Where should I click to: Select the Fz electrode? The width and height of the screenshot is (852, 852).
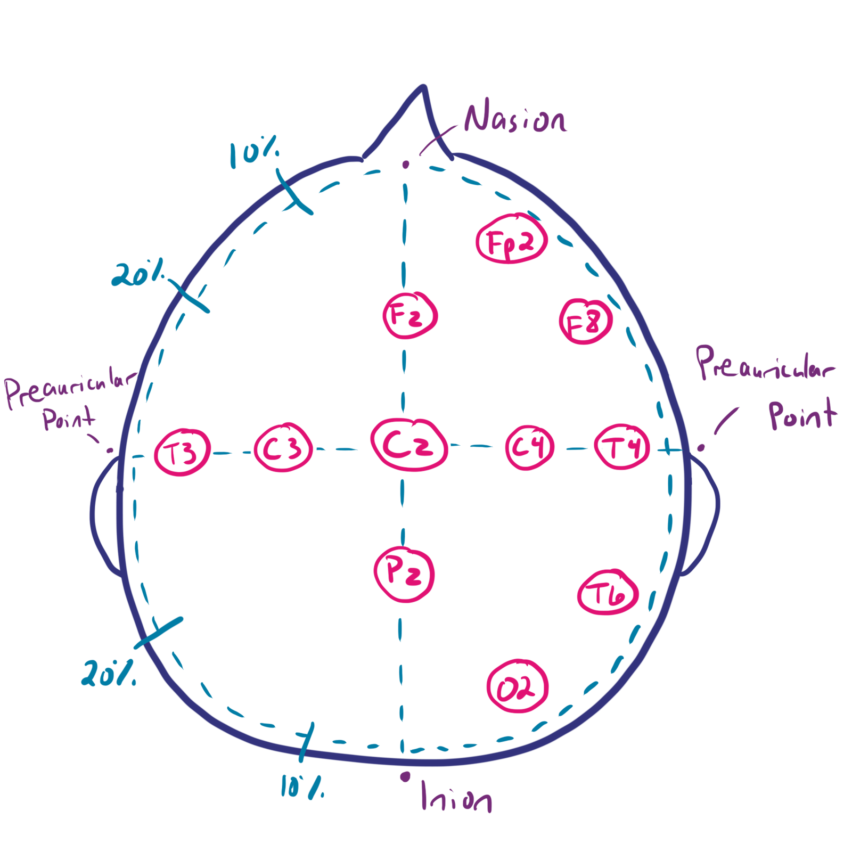[x=410, y=315]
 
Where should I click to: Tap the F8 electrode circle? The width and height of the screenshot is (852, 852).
[x=586, y=321]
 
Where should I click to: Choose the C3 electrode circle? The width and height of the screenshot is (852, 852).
[x=283, y=448]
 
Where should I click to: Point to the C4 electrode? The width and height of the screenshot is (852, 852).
[x=529, y=447]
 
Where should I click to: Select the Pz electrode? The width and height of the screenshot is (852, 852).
[x=405, y=574]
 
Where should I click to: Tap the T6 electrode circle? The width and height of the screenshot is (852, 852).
[x=608, y=592]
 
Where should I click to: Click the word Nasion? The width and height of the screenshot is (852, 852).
[x=514, y=118]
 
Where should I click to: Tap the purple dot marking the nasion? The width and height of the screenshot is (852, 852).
[x=406, y=165]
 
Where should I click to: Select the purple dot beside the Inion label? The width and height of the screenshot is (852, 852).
[x=405, y=777]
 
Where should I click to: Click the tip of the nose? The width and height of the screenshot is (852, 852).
[x=423, y=87]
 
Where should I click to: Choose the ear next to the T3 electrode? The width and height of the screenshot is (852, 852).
[x=105, y=517]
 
